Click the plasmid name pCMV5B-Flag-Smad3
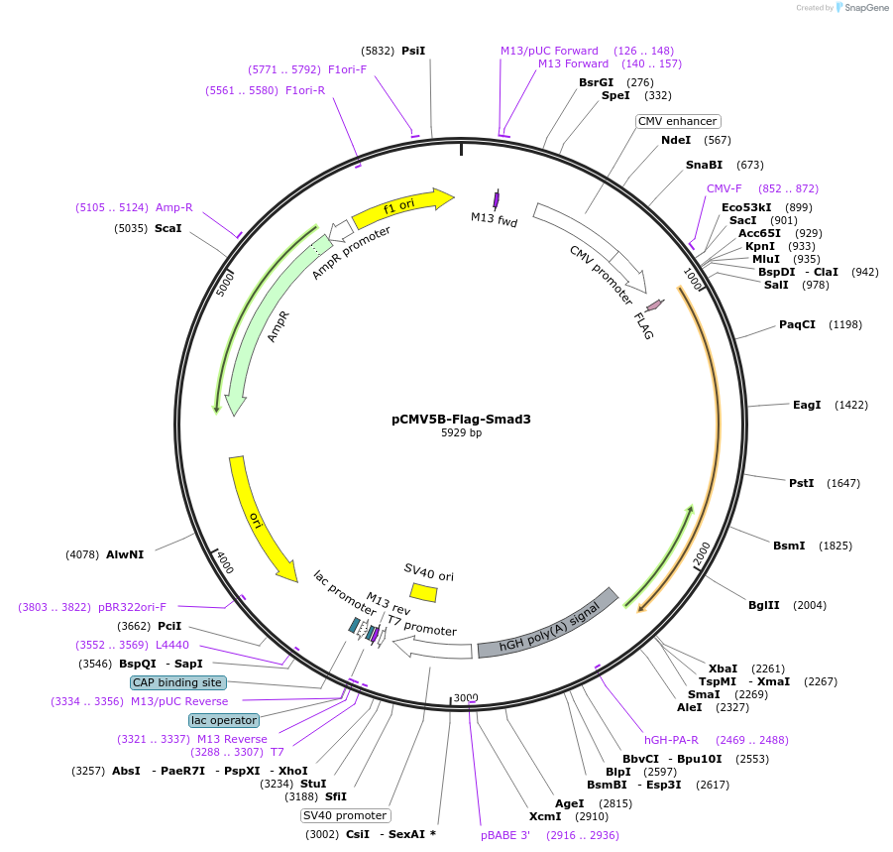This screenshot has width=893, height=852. click(461, 419)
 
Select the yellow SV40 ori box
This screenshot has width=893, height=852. click(424, 592)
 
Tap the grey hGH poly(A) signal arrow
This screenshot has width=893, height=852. click(548, 624)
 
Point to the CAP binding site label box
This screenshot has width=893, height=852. click(178, 682)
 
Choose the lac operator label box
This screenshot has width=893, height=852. click(225, 720)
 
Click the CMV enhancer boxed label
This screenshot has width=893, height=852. click(677, 121)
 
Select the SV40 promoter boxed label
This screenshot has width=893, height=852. click(345, 815)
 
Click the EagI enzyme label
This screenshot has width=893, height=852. click(807, 405)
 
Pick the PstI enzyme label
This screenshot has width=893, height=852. click(801, 483)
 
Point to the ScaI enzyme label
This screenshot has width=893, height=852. click(168, 228)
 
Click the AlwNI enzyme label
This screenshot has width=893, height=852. click(125, 554)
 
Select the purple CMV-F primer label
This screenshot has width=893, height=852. click(724, 188)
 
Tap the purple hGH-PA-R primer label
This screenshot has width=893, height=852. click(671, 740)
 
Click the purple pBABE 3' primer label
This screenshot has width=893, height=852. click(505, 835)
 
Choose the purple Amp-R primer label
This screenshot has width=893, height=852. click(173, 207)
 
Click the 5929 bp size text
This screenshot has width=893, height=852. click(461, 432)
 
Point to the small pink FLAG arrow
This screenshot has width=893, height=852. click(654, 308)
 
